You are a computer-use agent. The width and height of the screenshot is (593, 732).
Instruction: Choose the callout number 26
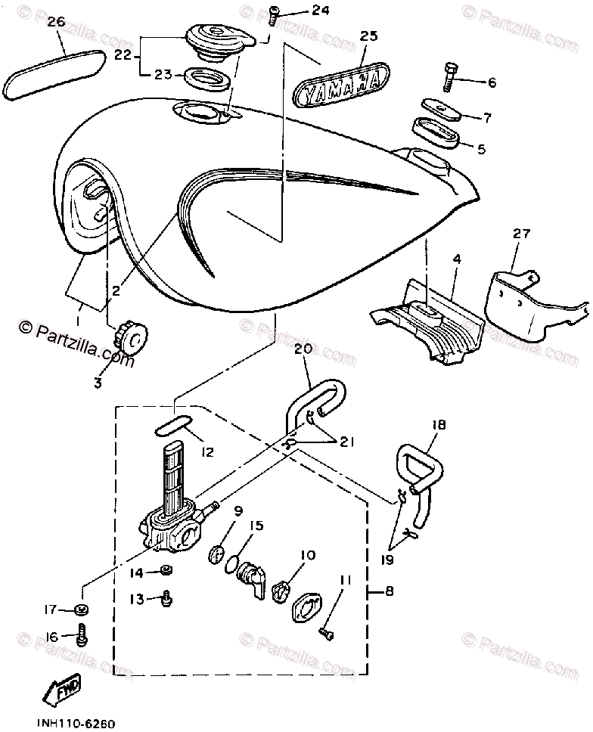(x=56, y=22)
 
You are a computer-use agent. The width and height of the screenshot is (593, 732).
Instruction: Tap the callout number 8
(x=390, y=592)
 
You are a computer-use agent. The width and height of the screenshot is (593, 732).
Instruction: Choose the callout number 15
(x=256, y=524)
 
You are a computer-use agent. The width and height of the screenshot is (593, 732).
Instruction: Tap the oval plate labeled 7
(x=439, y=109)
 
